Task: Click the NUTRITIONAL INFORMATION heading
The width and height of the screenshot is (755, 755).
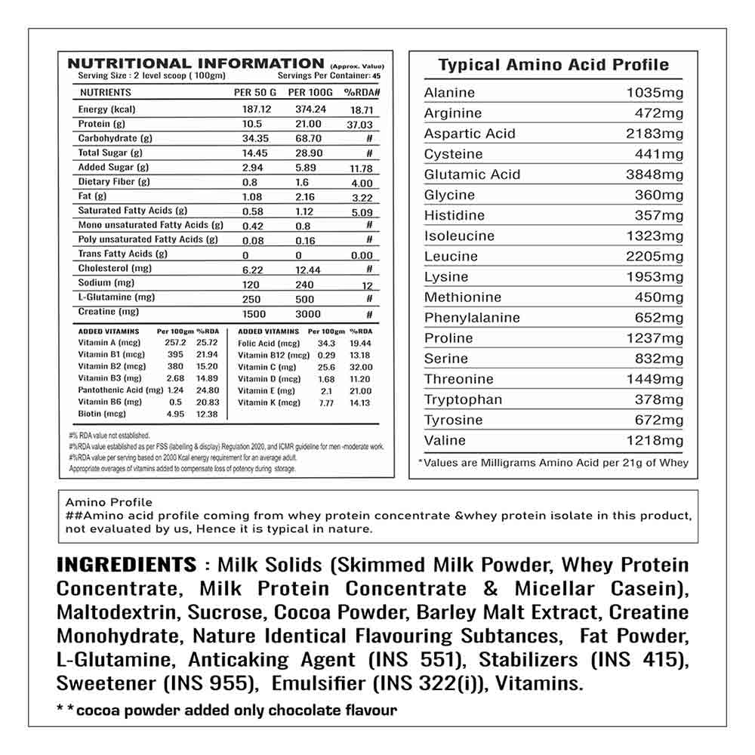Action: (x=196, y=63)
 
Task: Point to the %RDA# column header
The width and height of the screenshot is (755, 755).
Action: (x=361, y=92)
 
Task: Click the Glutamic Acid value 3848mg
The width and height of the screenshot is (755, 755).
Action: (x=654, y=174)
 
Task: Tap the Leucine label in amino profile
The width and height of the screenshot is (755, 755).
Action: (x=451, y=256)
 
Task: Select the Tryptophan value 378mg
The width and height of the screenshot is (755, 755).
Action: (x=659, y=399)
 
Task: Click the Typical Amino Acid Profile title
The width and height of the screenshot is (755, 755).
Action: (x=553, y=65)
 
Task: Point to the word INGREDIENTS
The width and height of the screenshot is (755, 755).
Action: (x=126, y=565)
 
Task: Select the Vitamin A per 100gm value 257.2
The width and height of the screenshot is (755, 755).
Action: (x=174, y=343)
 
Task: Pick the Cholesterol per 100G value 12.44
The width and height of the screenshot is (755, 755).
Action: (x=305, y=269)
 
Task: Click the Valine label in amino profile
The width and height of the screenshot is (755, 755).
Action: (x=445, y=440)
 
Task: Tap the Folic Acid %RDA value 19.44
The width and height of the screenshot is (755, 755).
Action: (x=360, y=343)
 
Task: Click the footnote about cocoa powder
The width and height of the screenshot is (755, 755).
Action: (x=226, y=710)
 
